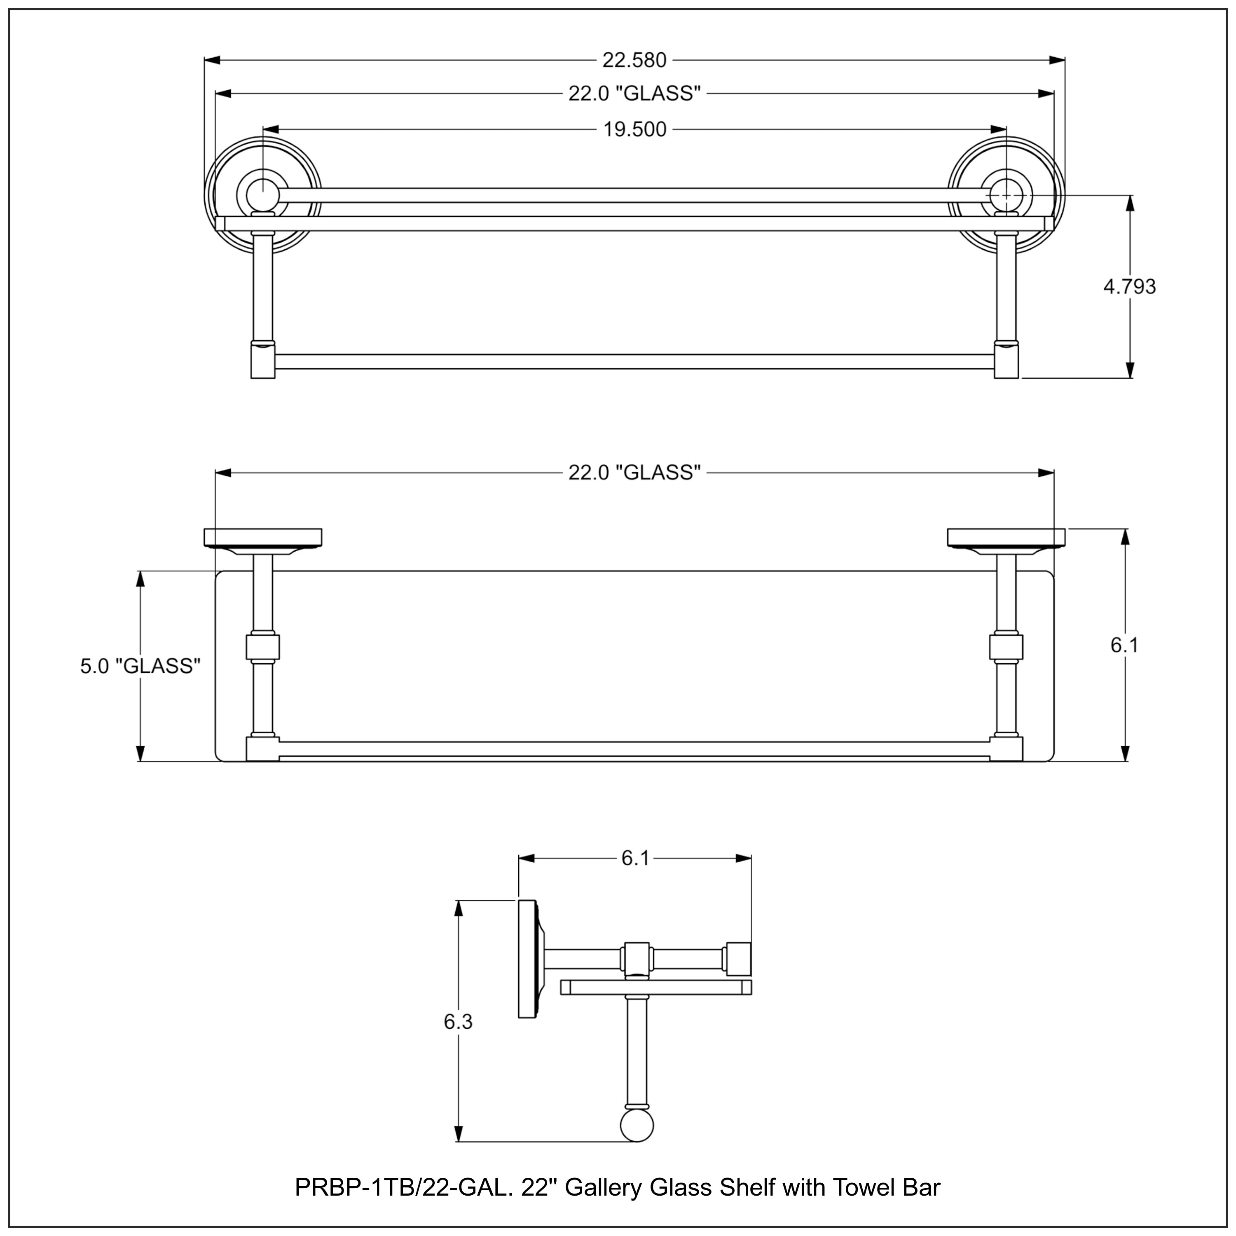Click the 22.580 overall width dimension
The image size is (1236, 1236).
[634, 60]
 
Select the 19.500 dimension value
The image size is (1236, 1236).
[634, 130]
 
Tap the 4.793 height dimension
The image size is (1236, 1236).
[1130, 287]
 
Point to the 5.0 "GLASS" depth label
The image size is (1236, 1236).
[140, 666]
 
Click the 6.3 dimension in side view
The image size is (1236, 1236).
[458, 1022]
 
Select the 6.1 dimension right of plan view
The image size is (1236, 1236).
[1124, 646]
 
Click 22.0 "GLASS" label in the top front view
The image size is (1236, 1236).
[634, 94]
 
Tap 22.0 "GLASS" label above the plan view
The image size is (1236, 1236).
[634, 473]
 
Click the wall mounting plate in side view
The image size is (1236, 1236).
[527, 958]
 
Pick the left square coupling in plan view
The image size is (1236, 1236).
[262, 647]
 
